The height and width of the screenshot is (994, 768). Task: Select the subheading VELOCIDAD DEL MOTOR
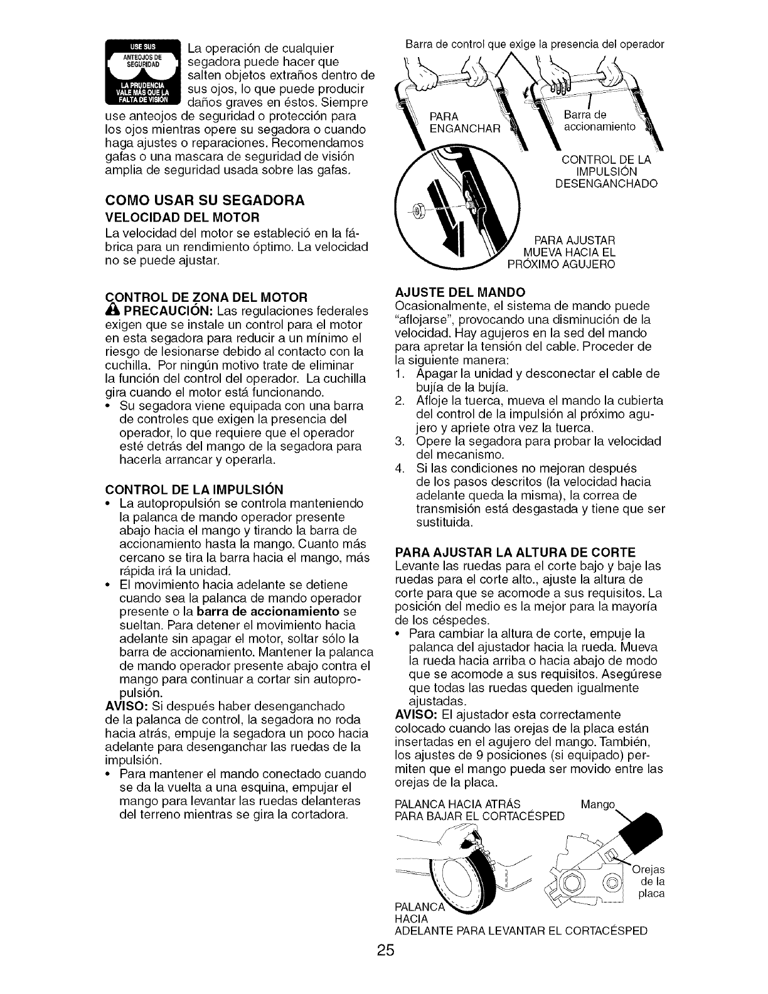pos(182,217)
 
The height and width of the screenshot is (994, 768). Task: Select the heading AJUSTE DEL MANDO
pos(459,292)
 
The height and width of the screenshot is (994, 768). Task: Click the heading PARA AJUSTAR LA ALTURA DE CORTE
pos(515,552)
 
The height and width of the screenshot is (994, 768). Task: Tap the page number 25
pos(385,967)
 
